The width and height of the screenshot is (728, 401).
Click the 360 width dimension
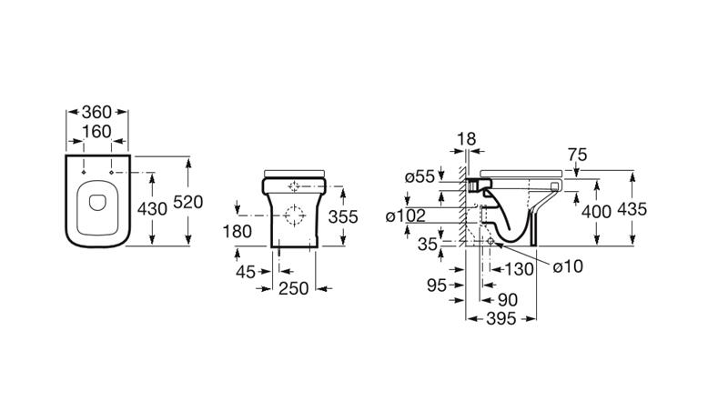(96, 113)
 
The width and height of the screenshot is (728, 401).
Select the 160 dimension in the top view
(96, 132)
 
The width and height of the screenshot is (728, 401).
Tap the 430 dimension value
(152, 209)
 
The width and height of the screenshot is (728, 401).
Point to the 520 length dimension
(188, 202)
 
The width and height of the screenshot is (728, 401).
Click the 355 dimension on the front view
(343, 216)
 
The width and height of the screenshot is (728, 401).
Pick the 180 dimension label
(238, 231)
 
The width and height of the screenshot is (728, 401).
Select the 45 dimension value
(246, 272)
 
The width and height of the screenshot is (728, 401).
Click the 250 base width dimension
(293, 288)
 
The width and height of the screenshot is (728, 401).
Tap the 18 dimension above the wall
(467, 139)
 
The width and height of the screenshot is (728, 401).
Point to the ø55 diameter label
(420, 176)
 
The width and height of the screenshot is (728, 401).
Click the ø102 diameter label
(406, 216)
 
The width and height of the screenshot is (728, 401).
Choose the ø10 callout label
(568, 266)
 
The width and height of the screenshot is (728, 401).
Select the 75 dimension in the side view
(577, 155)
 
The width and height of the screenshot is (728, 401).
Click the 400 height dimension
(596, 212)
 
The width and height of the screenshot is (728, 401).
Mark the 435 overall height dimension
(632, 209)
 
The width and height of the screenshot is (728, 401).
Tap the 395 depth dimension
(501, 319)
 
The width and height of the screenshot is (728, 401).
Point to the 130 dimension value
(519, 269)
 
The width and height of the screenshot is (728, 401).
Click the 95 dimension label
(437, 286)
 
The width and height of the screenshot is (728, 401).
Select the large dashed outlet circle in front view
(294, 216)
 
